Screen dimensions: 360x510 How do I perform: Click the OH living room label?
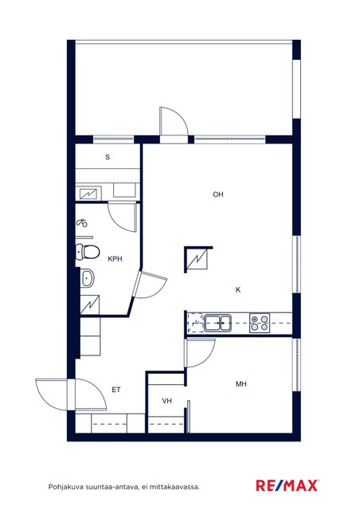click(x=218, y=194)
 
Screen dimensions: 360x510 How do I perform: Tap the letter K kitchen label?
click(x=238, y=289)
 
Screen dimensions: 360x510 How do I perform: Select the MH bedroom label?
click(x=241, y=384)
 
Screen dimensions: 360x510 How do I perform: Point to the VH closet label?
click(x=166, y=401)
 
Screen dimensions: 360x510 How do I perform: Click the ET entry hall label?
click(x=116, y=390)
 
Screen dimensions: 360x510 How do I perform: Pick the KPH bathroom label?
click(x=115, y=259)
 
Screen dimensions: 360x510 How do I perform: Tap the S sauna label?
click(x=108, y=158)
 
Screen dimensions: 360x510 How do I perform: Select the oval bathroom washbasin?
click(x=87, y=278)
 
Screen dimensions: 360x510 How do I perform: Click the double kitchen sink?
click(x=217, y=323)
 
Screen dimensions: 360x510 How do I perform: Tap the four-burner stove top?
click(x=260, y=323)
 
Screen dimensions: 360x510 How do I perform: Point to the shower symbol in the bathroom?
click(x=82, y=223)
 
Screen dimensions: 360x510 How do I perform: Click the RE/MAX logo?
click(x=287, y=485)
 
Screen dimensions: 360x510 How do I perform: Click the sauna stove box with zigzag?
click(x=88, y=194)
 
